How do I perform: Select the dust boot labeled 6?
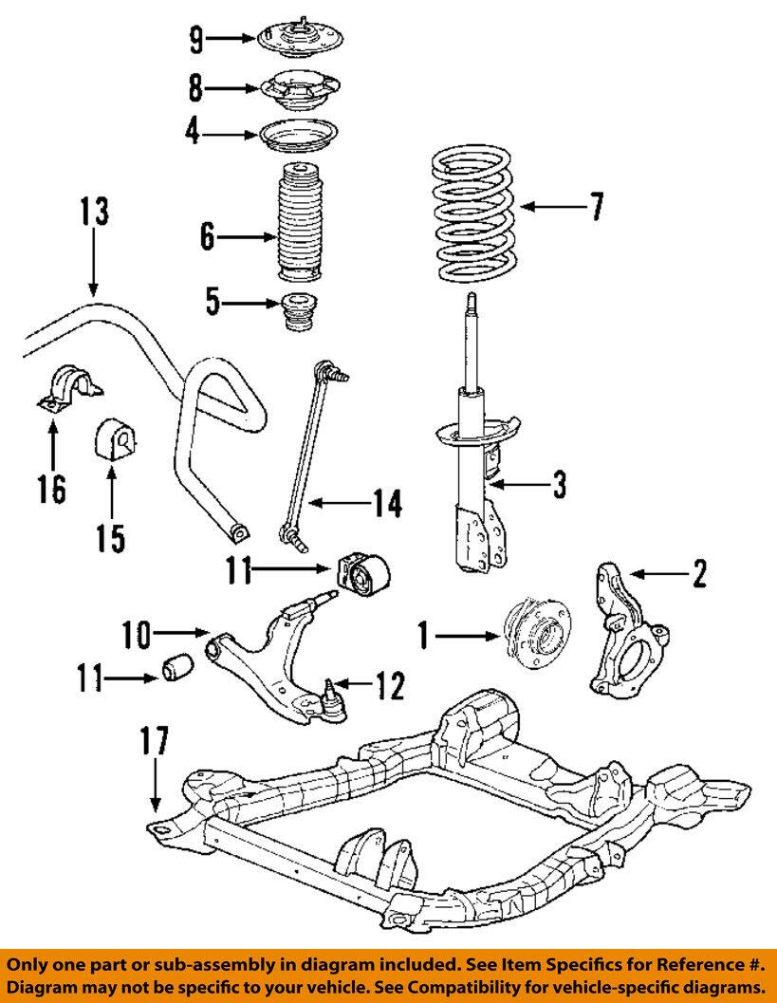point(301,226)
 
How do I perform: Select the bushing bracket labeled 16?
point(66,392)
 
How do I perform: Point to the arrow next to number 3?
point(521,486)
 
